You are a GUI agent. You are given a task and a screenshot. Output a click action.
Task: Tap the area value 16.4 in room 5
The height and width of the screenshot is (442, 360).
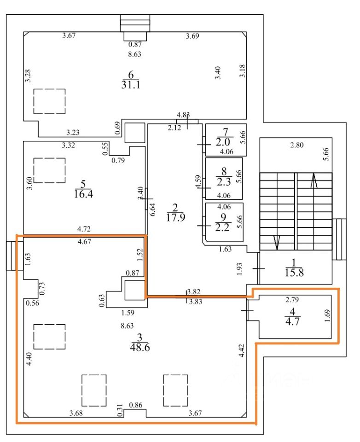click(x=83, y=192)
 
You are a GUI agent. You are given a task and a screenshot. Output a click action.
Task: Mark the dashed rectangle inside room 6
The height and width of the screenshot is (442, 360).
click(x=49, y=101)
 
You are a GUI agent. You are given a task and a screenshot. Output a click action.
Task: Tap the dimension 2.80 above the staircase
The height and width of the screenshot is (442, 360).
click(x=296, y=145)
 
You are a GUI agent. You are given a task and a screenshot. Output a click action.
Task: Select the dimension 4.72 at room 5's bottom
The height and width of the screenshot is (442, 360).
click(x=84, y=228)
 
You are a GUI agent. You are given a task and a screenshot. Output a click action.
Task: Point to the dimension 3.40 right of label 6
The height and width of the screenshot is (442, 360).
click(x=218, y=73)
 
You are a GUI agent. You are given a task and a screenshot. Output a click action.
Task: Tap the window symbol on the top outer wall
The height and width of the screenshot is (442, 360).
click(x=135, y=22)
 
